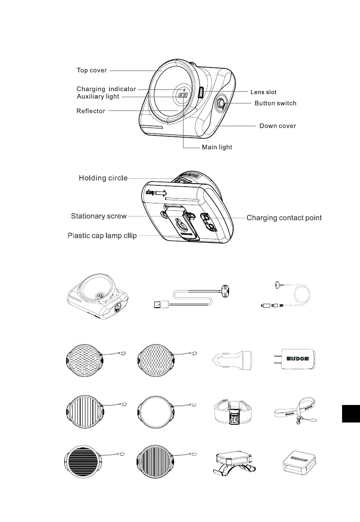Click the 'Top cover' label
tap(92, 70)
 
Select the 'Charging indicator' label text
tap(106, 89)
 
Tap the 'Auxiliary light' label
tap(98, 96)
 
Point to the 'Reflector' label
tap(91, 111)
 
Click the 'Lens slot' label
tap(263, 92)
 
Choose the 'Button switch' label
tap(275, 103)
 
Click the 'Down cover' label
tap(278, 126)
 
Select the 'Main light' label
tap(217, 147)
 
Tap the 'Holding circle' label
tap(103, 178)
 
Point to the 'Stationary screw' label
tap(99, 216)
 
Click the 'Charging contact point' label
tap(284, 218)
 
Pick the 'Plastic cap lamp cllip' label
tap(102, 236)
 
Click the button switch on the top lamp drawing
tap(221, 103)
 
